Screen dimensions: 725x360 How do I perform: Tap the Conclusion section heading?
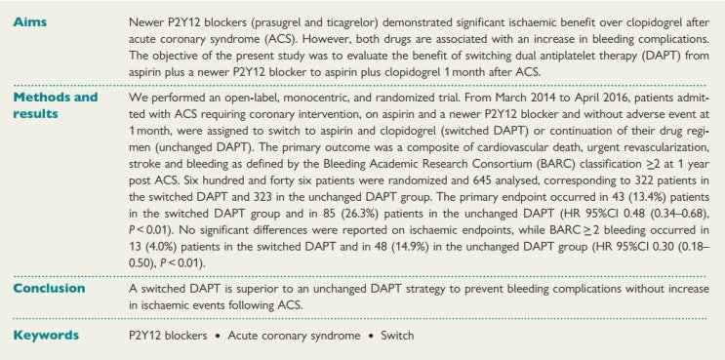(45, 290)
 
